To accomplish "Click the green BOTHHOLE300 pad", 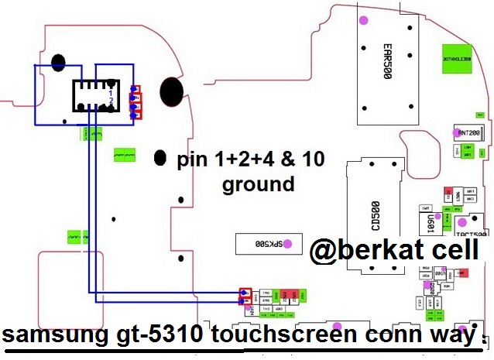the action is tap(458, 58).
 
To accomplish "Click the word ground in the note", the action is tap(258, 184).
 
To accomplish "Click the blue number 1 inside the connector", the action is tap(111, 92).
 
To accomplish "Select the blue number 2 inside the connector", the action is tap(111, 101).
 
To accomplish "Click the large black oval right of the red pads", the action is tap(173, 94).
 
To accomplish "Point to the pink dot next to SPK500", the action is tap(288, 243).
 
